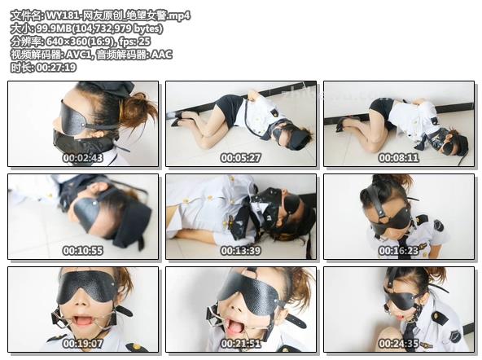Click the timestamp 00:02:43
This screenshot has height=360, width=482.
click(x=83, y=158)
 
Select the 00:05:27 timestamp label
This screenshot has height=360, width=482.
click(x=241, y=158)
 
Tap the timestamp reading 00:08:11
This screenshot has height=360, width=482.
click(x=399, y=158)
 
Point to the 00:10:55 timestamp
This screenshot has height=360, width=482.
click(x=83, y=251)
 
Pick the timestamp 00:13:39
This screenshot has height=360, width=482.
click(x=241, y=251)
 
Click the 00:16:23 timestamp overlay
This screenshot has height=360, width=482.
click(x=399, y=251)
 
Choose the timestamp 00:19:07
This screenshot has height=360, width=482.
click(x=83, y=344)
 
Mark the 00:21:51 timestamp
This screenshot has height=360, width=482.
click(x=241, y=344)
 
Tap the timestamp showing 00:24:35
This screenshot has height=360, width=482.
click(x=399, y=344)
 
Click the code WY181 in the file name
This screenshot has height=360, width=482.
click(x=62, y=15)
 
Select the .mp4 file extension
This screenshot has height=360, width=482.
click(x=179, y=15)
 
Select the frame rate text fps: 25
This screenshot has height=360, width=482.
click(x=134, y=42)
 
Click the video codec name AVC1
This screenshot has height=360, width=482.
click(x=79, y=55)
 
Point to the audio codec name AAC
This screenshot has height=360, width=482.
click(x=162, y=55)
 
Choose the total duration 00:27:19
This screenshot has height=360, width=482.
click(x=56, y=68)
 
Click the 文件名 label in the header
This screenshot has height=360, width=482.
click(x=26, y=15)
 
